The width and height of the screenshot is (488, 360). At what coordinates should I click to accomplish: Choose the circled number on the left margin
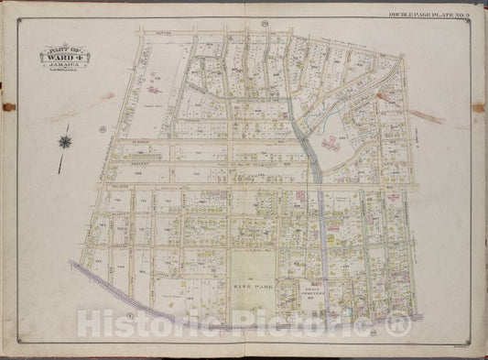pyautogui.click(x=104, y=127)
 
